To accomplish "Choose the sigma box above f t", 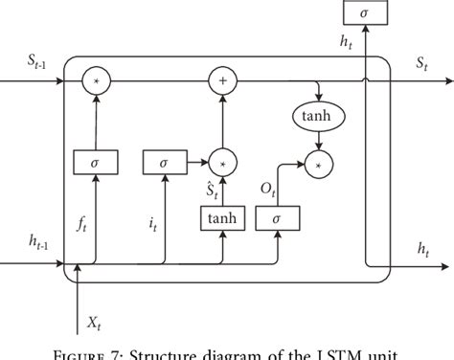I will [96, 163].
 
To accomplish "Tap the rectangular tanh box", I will [222, 220].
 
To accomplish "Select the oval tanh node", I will [316, 118].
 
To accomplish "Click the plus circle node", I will [222, 82].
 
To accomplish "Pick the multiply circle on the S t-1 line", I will [96, 82].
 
